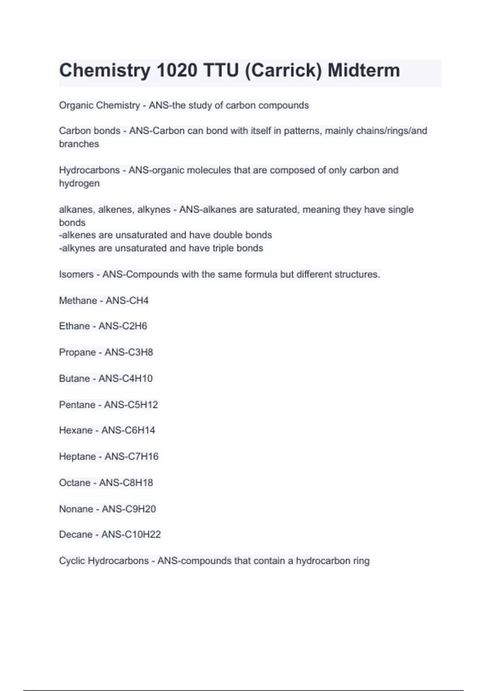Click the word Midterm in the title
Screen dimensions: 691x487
(x=364, y=70)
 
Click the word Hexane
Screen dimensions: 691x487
(x=75, y=430)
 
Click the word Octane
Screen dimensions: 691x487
(x=75, y=482)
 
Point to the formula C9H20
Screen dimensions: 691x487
(x=140, y=509)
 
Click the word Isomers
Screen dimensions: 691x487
(x=76, y=274)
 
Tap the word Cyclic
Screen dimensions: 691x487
(x=71, y=561)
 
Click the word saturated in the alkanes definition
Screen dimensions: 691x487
(x=276, y=210)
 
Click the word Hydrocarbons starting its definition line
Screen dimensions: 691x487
(x=89, y=170)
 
